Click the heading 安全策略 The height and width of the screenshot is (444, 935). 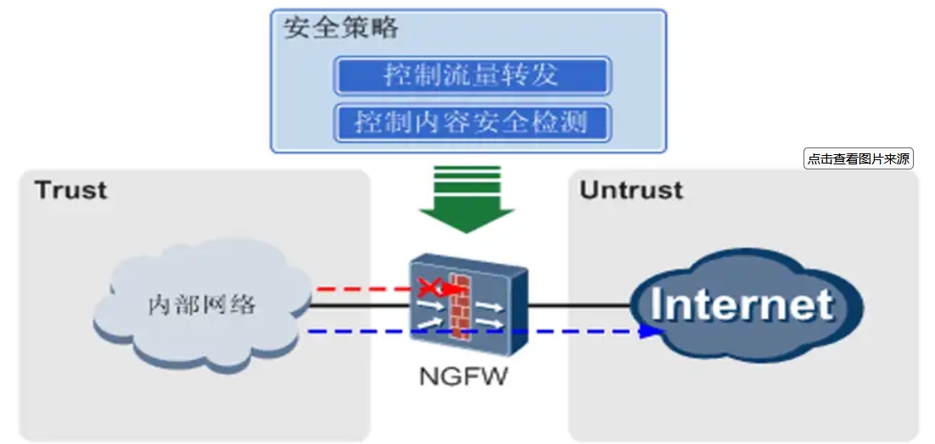point(340,28)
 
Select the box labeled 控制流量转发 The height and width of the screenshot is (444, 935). point(472,75)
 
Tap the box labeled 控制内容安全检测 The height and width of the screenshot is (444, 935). point(472,123)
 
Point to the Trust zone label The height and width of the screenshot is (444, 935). point(71,190)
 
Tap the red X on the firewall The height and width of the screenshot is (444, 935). point(432,288)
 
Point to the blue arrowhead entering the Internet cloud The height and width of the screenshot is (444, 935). point(652,331)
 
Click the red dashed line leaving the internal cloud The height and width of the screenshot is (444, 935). point(356,289)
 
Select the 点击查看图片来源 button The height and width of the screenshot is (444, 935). point(859,158)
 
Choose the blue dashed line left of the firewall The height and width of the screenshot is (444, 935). point(356,331)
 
